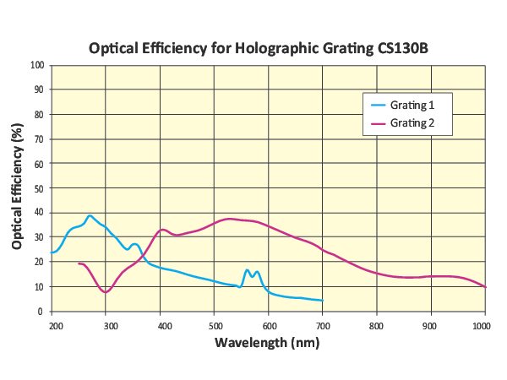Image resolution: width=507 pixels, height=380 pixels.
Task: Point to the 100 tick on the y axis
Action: [38, 65]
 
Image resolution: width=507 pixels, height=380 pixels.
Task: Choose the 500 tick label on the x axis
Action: [215, 324]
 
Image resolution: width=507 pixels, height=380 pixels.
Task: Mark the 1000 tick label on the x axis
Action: [483, 324]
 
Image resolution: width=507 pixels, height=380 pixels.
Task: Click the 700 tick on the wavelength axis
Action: [323, 324]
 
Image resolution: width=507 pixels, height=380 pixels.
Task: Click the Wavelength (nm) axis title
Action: [267, 344]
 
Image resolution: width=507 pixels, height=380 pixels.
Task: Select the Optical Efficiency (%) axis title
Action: [17, 188]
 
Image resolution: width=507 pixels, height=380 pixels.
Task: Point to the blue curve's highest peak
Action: [90, 215]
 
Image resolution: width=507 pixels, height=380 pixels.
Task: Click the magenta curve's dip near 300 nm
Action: [105, 292]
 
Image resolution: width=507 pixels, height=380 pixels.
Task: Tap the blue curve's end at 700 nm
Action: [322, 301]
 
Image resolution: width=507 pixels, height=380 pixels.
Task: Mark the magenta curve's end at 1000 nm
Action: [485, 287]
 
